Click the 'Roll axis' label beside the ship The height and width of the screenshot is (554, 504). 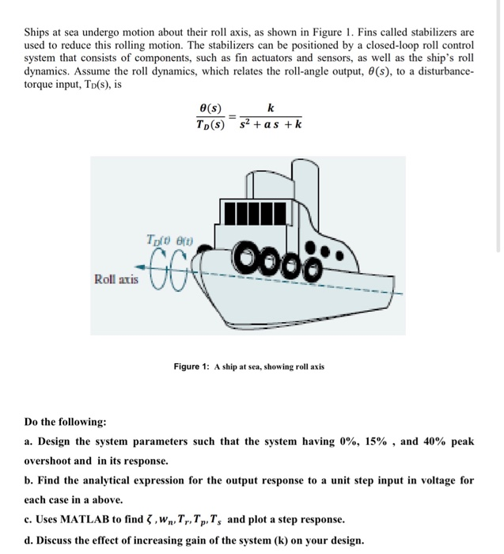[116, 279]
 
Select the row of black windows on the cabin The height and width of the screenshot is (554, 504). [251, 214]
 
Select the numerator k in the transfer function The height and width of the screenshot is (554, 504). [271, 108]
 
